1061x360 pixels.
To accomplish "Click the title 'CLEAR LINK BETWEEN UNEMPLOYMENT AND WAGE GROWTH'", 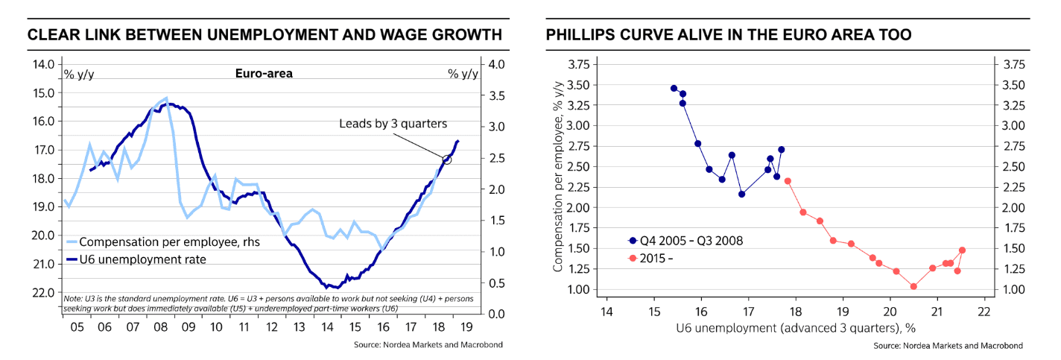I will click(x=265, y=34).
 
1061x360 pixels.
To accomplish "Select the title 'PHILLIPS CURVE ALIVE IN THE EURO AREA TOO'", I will click(x=729, y=34).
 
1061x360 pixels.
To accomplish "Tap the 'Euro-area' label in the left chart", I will click(x=264, y=73).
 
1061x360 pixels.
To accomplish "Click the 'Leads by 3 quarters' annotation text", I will click(x=393, y=124).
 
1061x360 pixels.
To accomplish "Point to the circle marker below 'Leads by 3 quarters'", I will click(x=447, y=160).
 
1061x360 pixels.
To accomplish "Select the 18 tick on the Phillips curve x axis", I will click(x=796, y=311).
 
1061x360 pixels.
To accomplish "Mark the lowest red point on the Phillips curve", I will click(x=913, y=286).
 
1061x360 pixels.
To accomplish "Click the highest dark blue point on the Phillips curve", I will click(x=674, y=88).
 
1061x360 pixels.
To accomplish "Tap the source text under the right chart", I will click(x=948, y=346).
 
